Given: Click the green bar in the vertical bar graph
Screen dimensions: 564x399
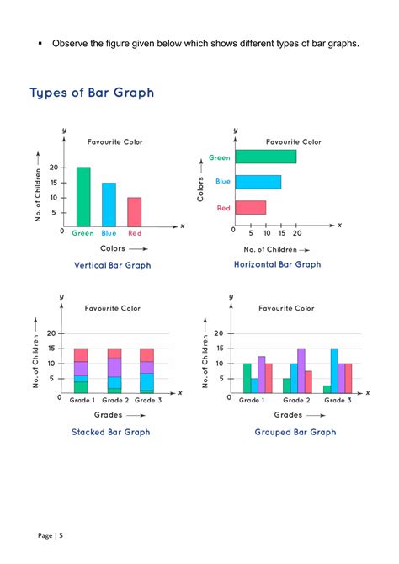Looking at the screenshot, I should pyautogui.click(x=82, y=196).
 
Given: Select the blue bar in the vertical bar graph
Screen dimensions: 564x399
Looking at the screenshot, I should pyautogui.click(x=109, y=205).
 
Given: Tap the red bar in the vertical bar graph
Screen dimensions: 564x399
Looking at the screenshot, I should pyautogui.click(x=134, y=211).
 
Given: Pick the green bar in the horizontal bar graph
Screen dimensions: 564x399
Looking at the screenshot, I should pyautogui.click(x=265, y=157).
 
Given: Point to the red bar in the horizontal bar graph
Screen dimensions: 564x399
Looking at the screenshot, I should pyautogui.click(x=250, y=207).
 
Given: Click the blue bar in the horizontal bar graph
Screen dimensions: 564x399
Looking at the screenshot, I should pyautogui.click(x=258, y=182).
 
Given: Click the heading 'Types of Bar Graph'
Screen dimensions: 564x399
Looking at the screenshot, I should pyautogui.click(x=92, y=93).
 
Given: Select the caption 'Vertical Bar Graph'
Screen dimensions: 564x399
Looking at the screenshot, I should pyautogui.click(x=113, y=265).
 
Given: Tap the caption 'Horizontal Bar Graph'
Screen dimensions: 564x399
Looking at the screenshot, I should pyautogui.click(x=277, y=264).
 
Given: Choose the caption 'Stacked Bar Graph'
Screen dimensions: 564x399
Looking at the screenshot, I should pyautogui.click(x=110, y=432).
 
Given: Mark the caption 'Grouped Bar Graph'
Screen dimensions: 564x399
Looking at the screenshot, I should pyautogui.click(x=295, y=432).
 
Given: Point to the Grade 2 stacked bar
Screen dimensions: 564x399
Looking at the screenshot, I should pyautogui.click(x=114, y=370).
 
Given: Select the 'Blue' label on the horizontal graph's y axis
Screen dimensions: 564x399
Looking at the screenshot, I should pyautogui.click(x=222, y=181).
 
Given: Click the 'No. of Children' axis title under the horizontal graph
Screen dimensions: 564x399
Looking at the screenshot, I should pyautogui.click(x=272, y=250).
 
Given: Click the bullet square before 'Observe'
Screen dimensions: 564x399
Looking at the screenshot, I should pyautogui.click(x=40, y=43).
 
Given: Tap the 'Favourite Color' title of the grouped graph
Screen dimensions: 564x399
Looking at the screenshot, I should pyautogui.click(x=286, y=308).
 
